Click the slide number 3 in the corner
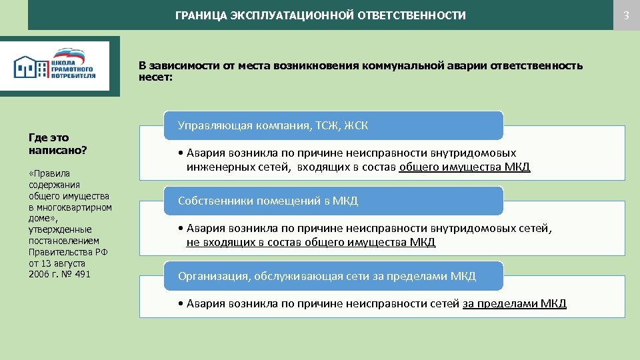click(626, 15)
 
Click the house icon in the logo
click(27, 67)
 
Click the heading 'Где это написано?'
click(57, 144)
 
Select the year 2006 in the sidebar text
click(39, 274)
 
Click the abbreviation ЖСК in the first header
click(356, 125)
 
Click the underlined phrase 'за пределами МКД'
click(514, 304)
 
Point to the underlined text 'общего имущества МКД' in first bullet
click(464, 167)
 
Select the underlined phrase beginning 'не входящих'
click(311, 243)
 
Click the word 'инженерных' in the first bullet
click(217, 167)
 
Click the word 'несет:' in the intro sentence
click(155, 77)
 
